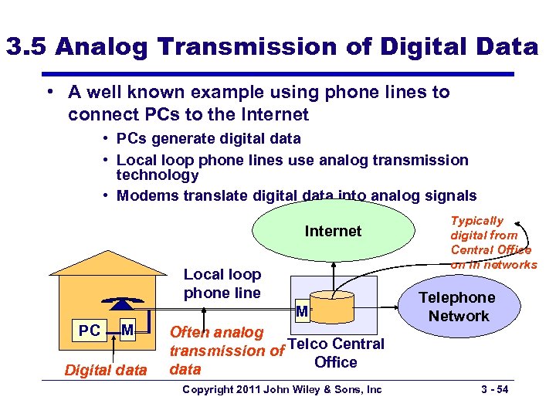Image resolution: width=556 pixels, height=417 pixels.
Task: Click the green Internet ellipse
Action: tap(333, 232)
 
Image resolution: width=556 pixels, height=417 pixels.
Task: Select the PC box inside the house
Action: tap(90, 331)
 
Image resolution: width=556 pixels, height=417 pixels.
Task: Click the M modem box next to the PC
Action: tap(128, 331)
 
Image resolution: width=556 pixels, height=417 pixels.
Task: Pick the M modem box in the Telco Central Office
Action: tap(302, 311)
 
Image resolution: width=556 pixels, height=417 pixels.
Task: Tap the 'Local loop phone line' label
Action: tap(222, 283)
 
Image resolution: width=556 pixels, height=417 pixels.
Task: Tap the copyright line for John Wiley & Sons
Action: tap(281, 389)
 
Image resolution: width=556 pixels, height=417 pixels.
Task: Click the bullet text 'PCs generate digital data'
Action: tap(208, 139)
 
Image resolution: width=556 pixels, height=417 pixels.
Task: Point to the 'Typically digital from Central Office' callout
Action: tap(491, 242)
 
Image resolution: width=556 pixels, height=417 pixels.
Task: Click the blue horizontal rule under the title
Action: tap(277, 74)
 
